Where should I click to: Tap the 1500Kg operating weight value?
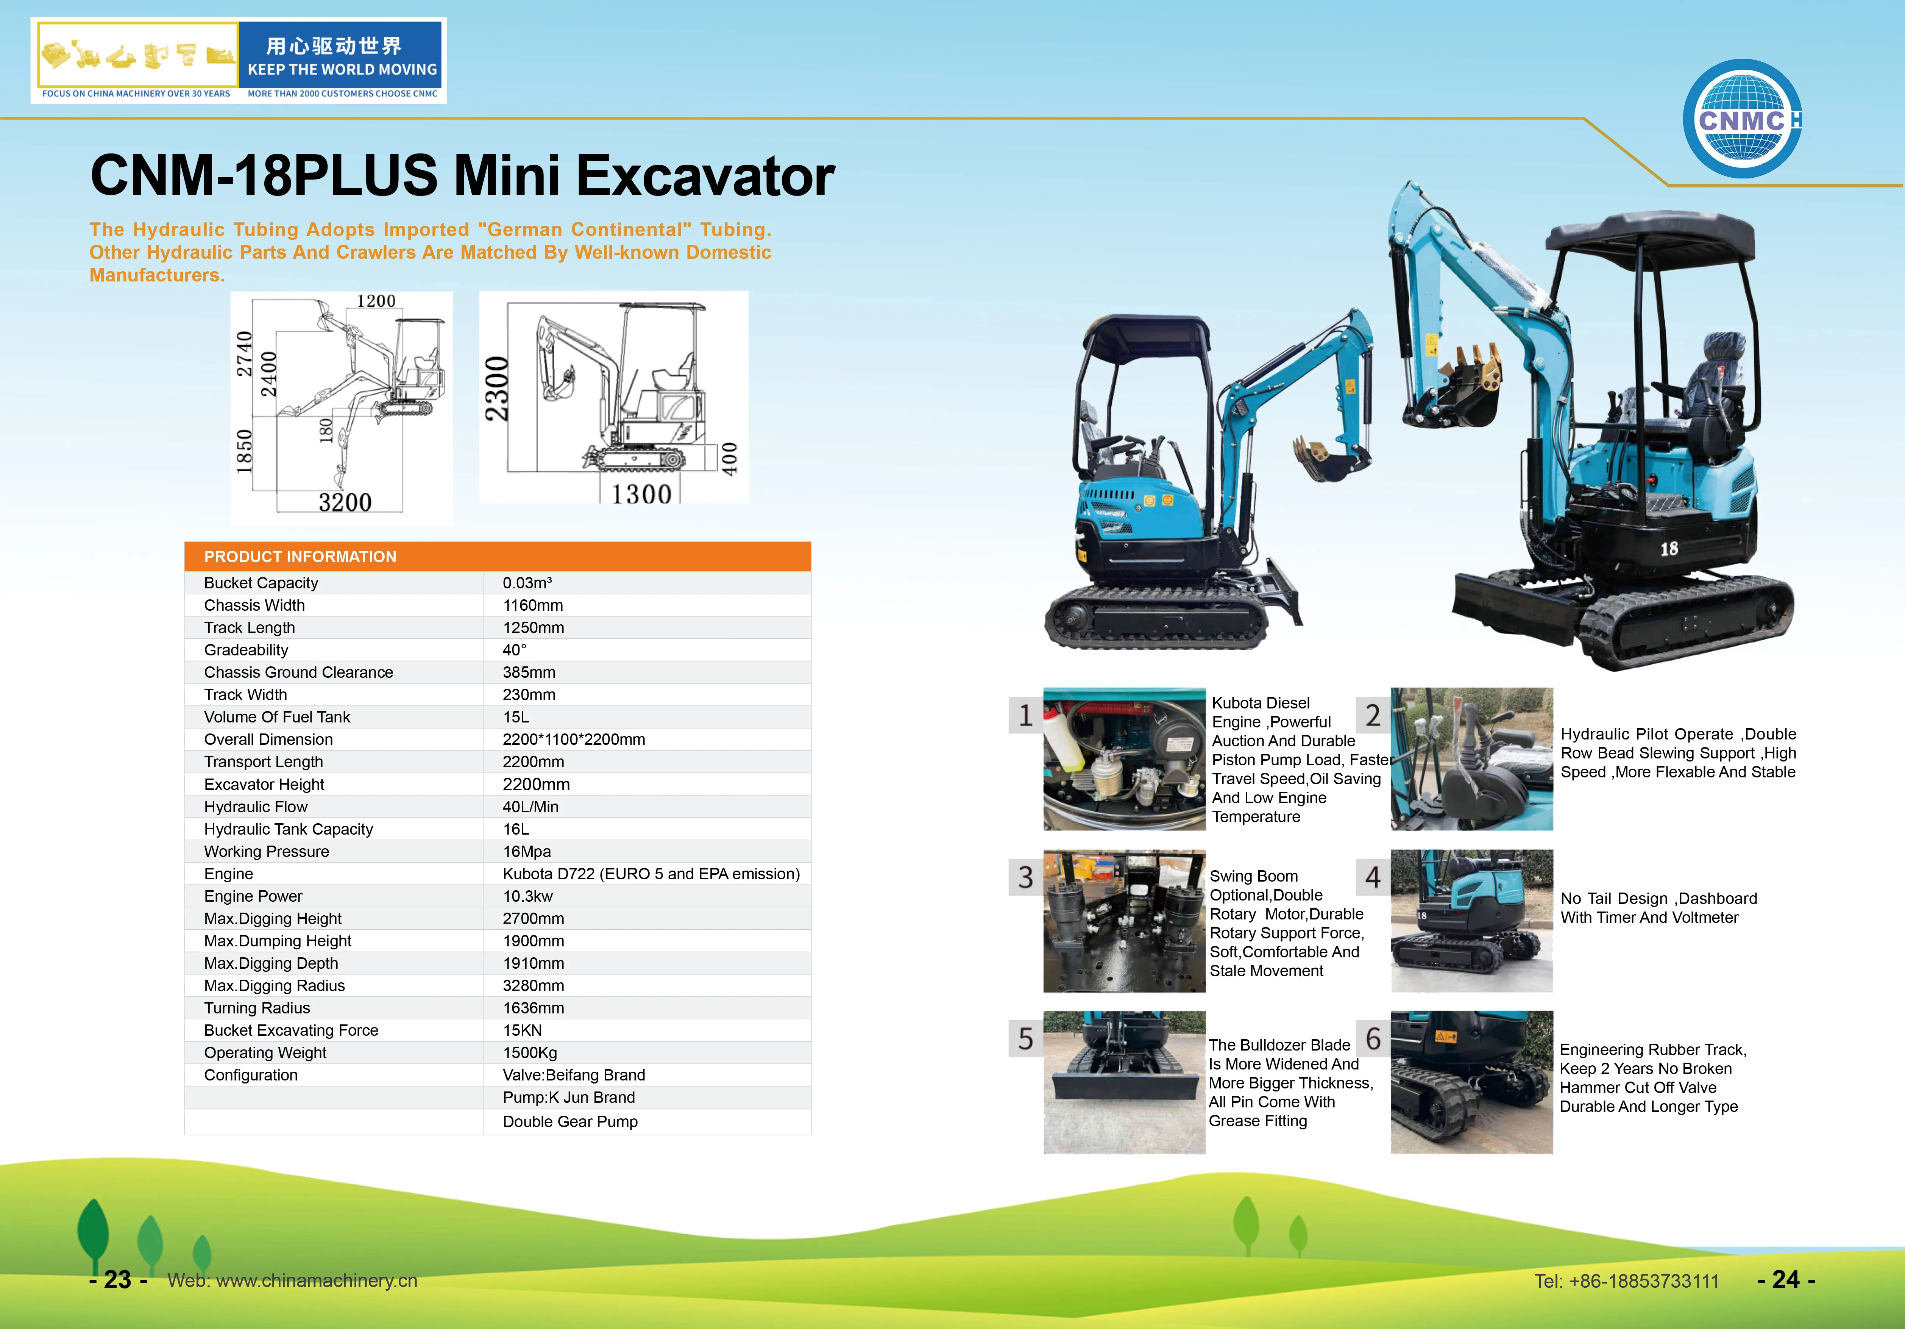point(529,1052)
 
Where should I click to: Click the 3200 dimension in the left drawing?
point(345,502)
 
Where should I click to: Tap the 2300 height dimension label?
point(497,388)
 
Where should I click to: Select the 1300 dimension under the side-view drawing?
point(641,495)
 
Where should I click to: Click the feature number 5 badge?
point(1025,1038)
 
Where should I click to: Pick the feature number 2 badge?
point(1372,715)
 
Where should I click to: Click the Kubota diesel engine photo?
point(1123,759)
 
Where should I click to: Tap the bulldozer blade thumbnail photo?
point(1123,1082)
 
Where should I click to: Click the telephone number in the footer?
point(1626,1281)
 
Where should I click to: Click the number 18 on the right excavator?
point(1669,549)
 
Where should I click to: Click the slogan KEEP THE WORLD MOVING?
point(342,70)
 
